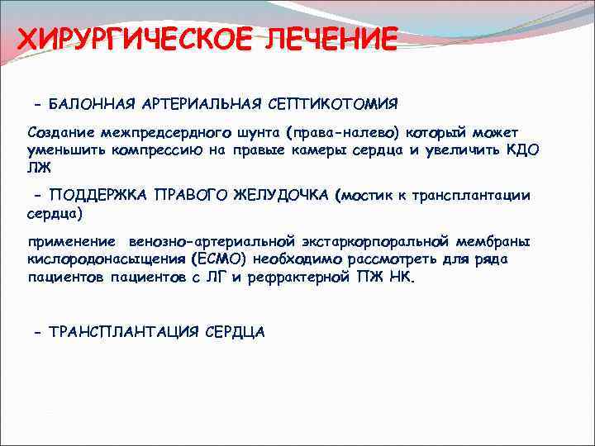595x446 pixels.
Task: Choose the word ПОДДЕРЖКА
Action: (x=97, y=195)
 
